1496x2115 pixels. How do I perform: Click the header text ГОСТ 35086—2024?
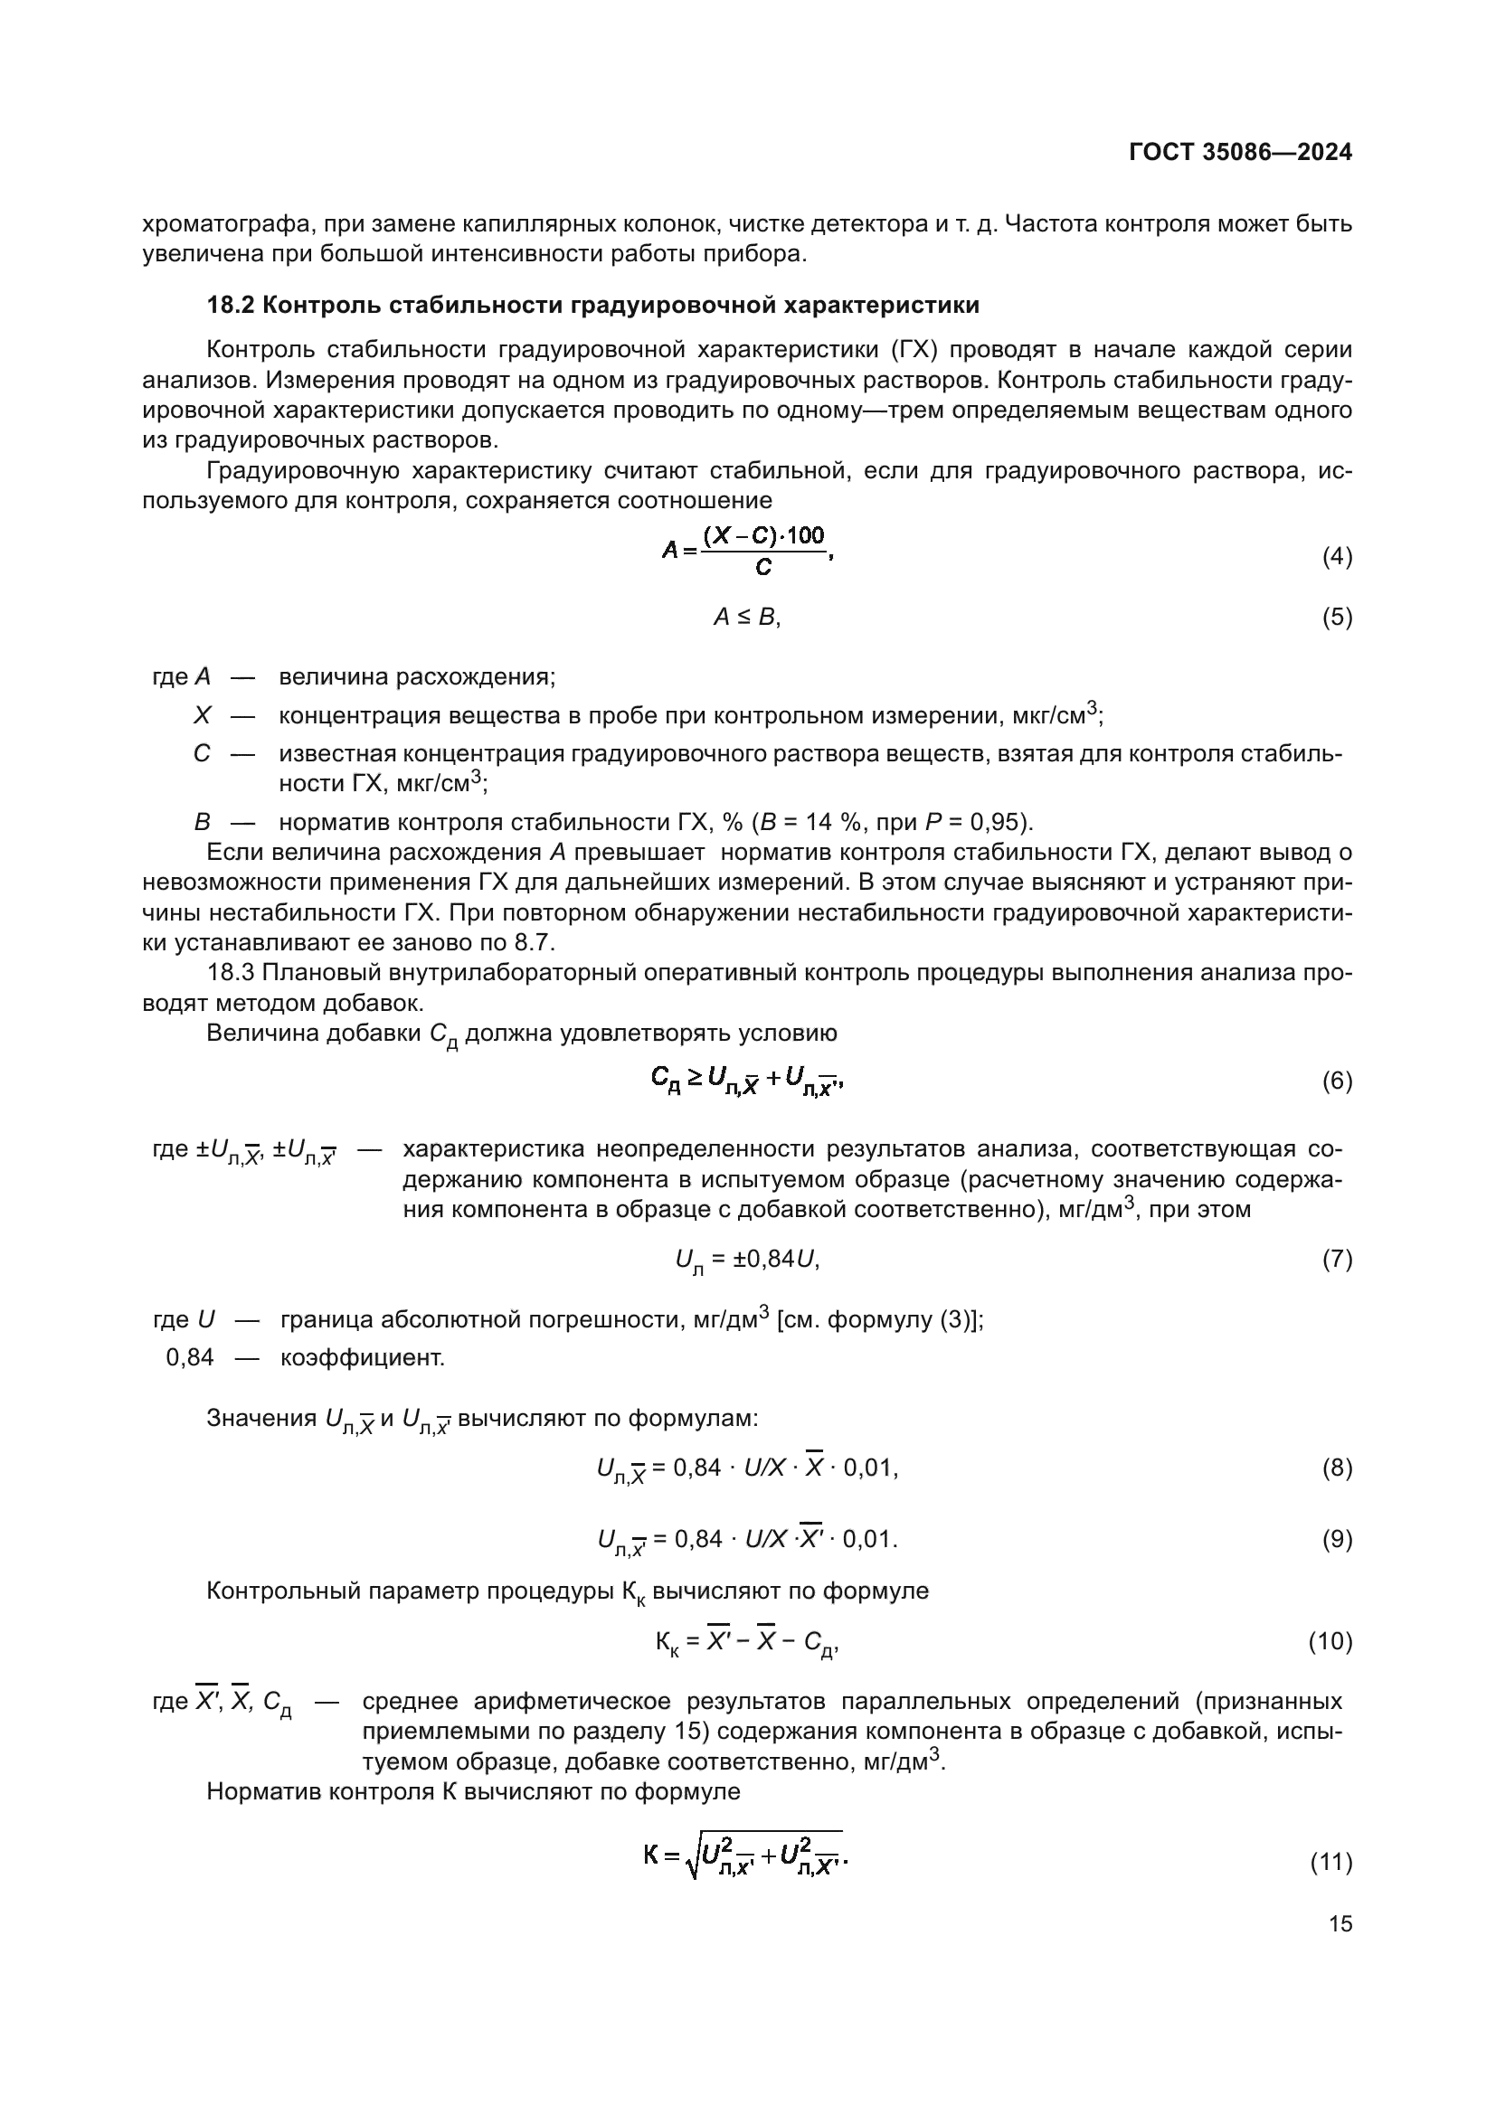pyautogui.click(x=1240, y=153)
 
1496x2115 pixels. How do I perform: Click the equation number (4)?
pyautogui.click(x=1337, y=556)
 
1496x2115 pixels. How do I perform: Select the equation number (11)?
pyautogui.click(x=1330, y=1863)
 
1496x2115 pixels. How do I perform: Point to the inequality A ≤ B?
pyautogui.click(x=746, y=618)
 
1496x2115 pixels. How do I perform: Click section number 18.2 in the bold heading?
pyautogui.click(x=231, y=305)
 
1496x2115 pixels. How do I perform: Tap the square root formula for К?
pyautogui.click(x=746, y=1857)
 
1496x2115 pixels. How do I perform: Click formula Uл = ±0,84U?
pyautogui.click(x=747, y=1261)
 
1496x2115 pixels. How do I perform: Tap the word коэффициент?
pyautogui.click(x=362, y=1358)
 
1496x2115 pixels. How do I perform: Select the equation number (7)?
pyautogui.click(x=1337, y=1260)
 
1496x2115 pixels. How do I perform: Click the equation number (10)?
pyautogui.click(x=1330, y=1641)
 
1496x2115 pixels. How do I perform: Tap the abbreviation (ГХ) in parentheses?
pyautogui.click(x=913, y=350)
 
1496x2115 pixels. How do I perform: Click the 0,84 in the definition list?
pyautogui.click(x=189, y=1358)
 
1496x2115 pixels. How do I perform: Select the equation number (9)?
pyautogui.click(x=1337, y=1539)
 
